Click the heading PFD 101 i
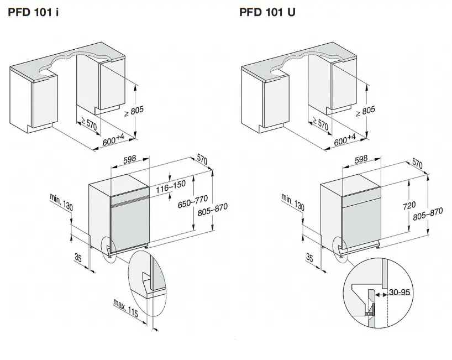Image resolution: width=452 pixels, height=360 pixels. click(33, 12)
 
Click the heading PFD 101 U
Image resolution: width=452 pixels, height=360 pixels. click(267, 12)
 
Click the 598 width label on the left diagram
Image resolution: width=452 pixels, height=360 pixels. click(130, 159)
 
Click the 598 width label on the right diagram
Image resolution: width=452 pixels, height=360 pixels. click(360, 160)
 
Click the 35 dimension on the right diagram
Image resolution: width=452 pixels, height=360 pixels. click(309, 257)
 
